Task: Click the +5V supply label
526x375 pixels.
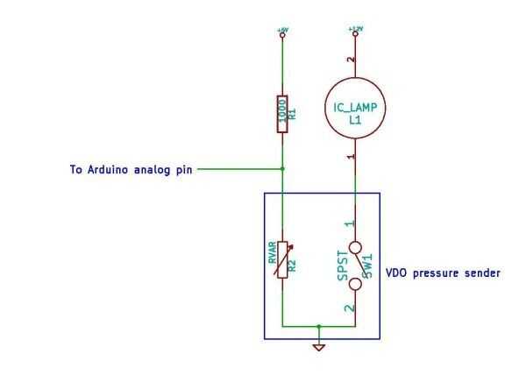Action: pos(282,29)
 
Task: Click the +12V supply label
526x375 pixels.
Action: pos(354,28)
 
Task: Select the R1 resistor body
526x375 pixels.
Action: pos(282,114)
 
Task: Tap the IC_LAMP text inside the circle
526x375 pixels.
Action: pos(354,108)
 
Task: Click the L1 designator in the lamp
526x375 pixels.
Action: pos(354,121)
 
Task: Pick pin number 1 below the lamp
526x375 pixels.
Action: pos(351,158)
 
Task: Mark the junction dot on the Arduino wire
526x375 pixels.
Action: pos(282,168)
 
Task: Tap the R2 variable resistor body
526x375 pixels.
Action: pos(282,260)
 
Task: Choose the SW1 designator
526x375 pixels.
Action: pos(368,263)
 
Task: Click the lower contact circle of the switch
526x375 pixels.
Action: pos(354,283)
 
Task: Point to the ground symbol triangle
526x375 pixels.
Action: pos(319,349)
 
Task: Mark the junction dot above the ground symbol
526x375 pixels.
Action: pos(319,325)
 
